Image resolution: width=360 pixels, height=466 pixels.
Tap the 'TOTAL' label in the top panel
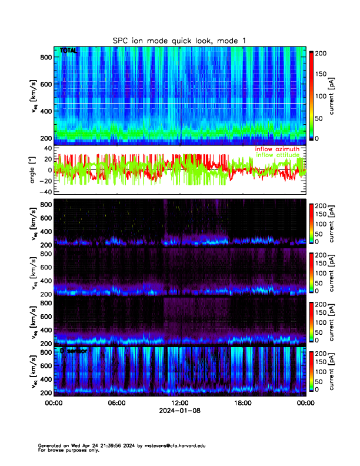(68, 51)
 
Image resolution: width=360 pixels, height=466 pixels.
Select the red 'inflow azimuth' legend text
(277, 149)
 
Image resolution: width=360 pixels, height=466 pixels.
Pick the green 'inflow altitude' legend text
(277, 155)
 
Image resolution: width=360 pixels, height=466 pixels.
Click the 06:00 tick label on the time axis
(116, 404)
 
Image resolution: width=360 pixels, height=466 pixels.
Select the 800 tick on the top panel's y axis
(45, 57)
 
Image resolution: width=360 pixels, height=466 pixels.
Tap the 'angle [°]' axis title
(34, 169)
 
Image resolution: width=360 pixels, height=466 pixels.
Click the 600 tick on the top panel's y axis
(45, 84)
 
